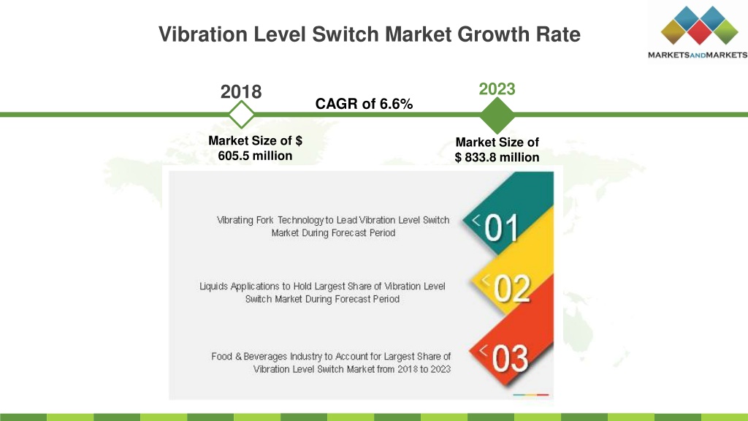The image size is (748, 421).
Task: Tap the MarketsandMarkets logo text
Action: [x=698, y=55]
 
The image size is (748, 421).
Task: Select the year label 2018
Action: [x=241, y=91]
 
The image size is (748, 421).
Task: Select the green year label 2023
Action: [x=497, y=88]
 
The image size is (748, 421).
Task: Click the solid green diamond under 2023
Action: [x=497, y=115]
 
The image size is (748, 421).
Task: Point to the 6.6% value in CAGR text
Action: [x=396, y=104]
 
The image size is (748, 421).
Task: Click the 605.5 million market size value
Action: [x=255, y=156]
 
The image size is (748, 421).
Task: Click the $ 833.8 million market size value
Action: [x=497, y=157]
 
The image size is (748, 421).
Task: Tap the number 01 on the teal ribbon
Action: [x=501, y=228]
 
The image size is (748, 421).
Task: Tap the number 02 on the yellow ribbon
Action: [x=512, y=288]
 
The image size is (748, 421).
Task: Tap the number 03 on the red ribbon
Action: [x=510, y=358]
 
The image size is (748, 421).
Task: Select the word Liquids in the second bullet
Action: [x=214, y=287]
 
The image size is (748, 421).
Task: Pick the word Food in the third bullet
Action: [x=222, y=356]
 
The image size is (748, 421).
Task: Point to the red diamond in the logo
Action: [x=700, y=32]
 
